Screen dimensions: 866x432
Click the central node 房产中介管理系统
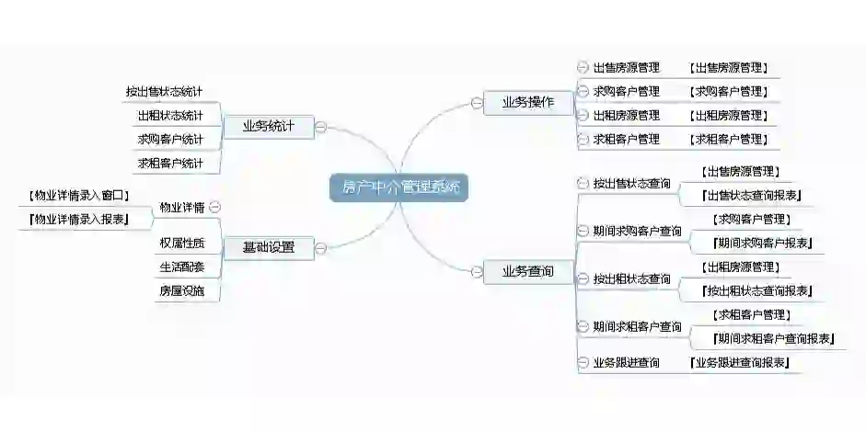[x=398, y=187]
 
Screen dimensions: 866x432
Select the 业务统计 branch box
[x=268, y=127]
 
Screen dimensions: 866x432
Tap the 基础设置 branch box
[x=268, y=247]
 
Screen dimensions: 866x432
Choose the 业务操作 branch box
[x=527, y=103]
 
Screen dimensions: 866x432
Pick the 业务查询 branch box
[x=527, y=271]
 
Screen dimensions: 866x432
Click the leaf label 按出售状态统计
[x=164, y=92]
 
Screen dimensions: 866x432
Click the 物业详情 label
[x=181, y=207]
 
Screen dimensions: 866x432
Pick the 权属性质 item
[x=181, y=244]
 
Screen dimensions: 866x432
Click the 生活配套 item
[x=181, y=267]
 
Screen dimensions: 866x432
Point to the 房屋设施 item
[x=181, y=291]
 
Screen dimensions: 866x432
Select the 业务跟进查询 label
[x=626, y=363]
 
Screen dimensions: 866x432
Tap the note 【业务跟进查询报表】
[x=740, y=363]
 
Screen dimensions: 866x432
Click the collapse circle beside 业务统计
[x=320, y=127]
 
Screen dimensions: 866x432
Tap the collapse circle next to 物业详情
[x=214, y=207]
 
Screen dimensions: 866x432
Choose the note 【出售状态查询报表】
[x=752, y=195]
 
